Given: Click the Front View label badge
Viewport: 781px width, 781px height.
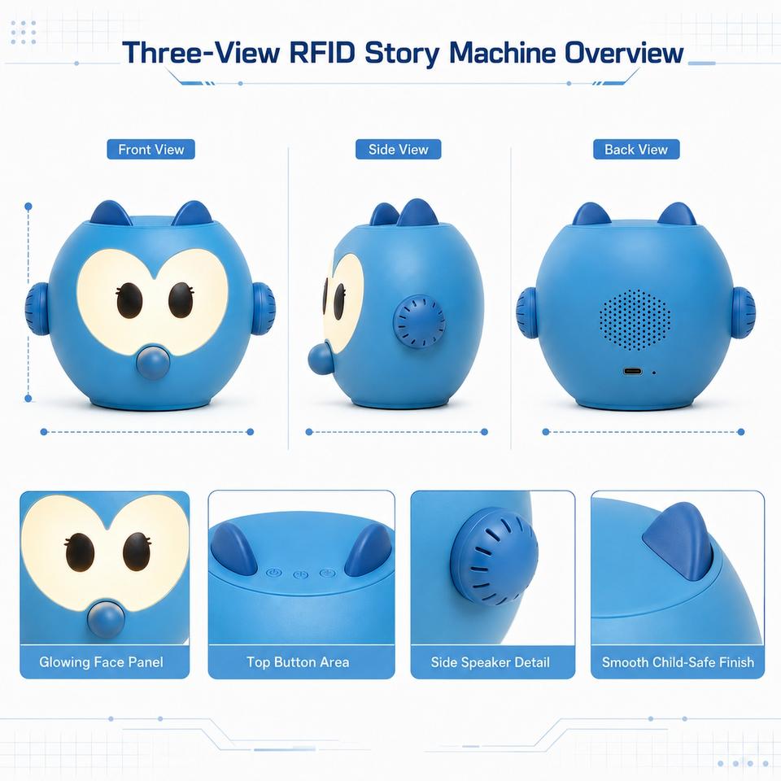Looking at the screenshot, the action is pyautogui.click(x=151, y=150).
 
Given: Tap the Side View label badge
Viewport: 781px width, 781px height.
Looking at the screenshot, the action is pyautogui.click(x=398, y=150).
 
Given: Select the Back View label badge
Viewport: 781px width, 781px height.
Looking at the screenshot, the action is pyautogui.click(x=636, y=150).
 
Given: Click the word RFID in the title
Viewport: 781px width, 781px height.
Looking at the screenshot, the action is pyautogui.click(x=322, y=52).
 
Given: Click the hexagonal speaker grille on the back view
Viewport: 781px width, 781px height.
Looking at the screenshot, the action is pyautogui.click(x=635, y=319).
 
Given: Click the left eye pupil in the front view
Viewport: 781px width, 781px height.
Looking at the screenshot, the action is pyautogui.click(x=129, y=301).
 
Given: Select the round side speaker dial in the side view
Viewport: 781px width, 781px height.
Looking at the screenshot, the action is pyautogui.click(x=419, y=321).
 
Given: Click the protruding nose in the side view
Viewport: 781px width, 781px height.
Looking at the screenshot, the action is pyautogui.click(x=321, y=356).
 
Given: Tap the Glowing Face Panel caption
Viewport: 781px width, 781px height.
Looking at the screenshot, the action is pyautogui.click(x=101, y=662).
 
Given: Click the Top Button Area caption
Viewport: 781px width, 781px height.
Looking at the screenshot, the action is pyautogui.click(x=298, y=662).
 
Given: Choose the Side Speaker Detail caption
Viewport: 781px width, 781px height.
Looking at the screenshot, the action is pyautogui.click(x=490, y=662).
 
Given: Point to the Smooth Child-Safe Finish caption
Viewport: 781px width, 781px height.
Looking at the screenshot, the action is pyautogui.click(x=678, y=662).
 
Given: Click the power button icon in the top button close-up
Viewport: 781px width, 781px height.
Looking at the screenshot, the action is pyautogui.click(x=273, y=573).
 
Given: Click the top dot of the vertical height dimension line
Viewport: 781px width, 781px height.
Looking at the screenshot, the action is pyautogui.click(x=28, y=206).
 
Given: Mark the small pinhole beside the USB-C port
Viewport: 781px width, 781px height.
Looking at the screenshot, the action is pyautogui.click(x=653, y=372).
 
